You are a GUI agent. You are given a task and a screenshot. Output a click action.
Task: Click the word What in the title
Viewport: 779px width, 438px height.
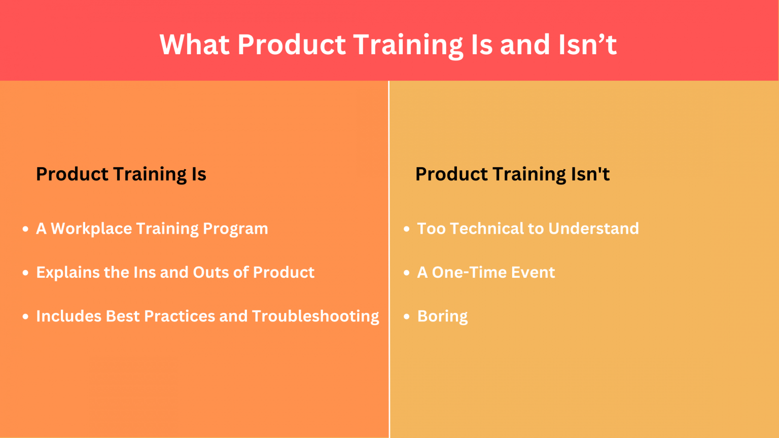click(194, 45)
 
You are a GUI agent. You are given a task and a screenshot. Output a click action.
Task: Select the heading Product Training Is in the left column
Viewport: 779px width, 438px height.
click(121, 174)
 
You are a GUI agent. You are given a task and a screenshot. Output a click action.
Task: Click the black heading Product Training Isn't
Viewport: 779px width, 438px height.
click(512, 174)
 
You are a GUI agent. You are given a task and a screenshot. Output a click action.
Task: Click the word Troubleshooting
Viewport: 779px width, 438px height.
click(315, 316)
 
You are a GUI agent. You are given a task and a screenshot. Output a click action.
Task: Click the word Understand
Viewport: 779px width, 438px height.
click(593, 229)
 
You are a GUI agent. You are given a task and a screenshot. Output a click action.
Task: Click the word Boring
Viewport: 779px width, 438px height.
click(442, 316)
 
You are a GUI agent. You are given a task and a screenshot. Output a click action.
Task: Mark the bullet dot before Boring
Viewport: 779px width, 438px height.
click(406, 317)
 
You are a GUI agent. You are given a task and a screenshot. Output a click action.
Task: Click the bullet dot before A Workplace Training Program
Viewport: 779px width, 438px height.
click(25, 229)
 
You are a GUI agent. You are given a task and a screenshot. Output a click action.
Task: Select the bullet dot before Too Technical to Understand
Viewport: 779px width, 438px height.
click(406, 229)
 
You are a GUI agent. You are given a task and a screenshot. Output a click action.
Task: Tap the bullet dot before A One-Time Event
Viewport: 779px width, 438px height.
click(406, 273)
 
